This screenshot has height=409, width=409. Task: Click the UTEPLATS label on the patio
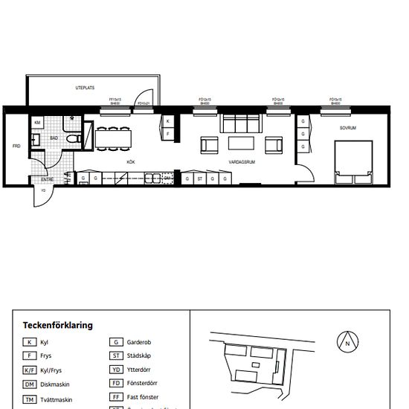pyautogui.click(x=84, y=88)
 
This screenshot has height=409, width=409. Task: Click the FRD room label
pyautogui.click(x=16, y=146)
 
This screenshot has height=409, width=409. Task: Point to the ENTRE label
pyautogui.click(x=47, y=179)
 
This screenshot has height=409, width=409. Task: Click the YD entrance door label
pyautogui.click(x=43, y=191)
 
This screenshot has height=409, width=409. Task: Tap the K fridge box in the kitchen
pyautogui.click(x=168, y=120)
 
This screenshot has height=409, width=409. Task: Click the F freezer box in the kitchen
pyautogui.click(x=168, y=134)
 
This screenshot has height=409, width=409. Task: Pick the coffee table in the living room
pyautogui.click(x=240, y=143)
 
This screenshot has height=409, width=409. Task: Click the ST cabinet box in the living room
pyautogui.click(x=200, y=179)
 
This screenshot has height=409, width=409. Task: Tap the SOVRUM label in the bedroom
pyautogui.click(x=348, y=128)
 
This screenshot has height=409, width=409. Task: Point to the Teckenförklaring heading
pyautogui.click(x=57, y=325)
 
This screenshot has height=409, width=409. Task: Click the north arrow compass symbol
pyautogui.click(x=347, y=343)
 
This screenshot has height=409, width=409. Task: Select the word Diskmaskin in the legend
pyautogui.click(x=57, y=384)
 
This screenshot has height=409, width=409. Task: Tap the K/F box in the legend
pyautogui.click(x=29, y=370)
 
